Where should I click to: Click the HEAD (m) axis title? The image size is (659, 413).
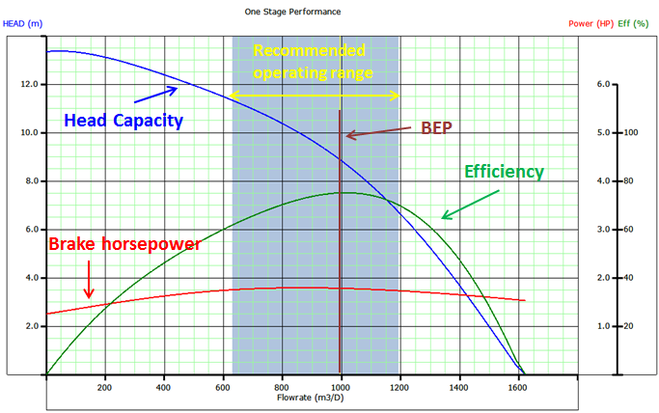click(x=23, y=23)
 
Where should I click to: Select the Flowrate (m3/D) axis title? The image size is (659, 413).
click(x=314, y=397)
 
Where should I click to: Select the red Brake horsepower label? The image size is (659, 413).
click(x=124, y=245)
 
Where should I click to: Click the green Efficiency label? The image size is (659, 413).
click(x=504, y=172)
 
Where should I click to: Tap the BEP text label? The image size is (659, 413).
click(x=436, y=128)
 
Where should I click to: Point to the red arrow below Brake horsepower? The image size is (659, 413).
click(x=89, y=283)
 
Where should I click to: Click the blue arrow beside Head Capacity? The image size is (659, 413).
click(x=155, y=95)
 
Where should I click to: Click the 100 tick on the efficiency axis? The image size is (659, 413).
click(x=633, y=133)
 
